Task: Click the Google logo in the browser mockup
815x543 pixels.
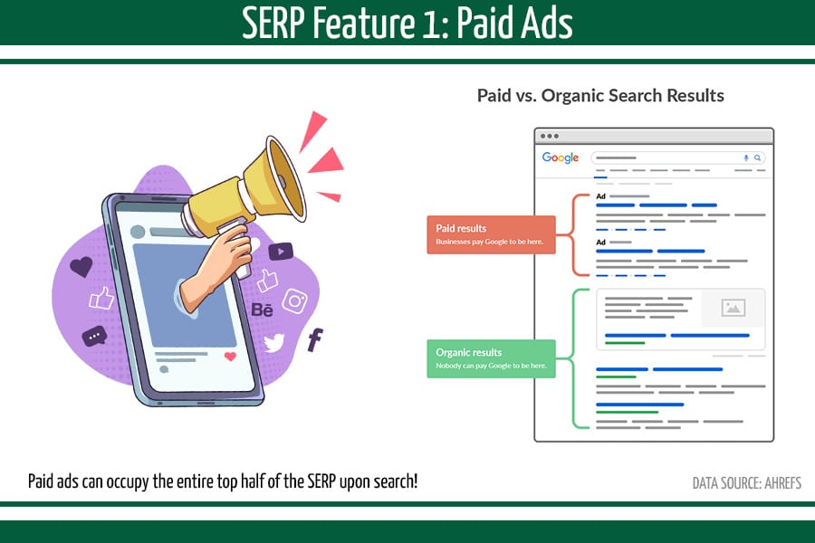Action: click(x=560, y=157)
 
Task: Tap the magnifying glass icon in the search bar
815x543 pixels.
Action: click(x=758, y=157)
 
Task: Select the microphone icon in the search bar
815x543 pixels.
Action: click(x=746, y=157)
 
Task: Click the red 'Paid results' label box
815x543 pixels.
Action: click(x=491, y=234)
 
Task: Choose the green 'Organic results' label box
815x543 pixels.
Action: click(x=491, y=358)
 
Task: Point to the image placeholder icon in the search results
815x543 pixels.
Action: click(x=733, y=308)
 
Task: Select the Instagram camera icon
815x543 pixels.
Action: click(x=295, y=300)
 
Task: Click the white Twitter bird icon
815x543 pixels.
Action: click(x=273, y=342)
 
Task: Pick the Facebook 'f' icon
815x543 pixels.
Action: click(x=315, y=340)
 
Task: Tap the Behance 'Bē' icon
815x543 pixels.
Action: click(x=262, y=310)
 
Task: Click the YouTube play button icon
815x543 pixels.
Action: click(x=281, y=252)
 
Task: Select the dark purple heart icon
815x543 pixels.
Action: click(x=81, y=267)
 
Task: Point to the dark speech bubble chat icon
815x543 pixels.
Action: click(x=94, y=337)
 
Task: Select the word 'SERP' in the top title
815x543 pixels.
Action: click(x=274, y=24)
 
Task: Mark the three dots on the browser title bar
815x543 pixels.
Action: click(x=550, y=136)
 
